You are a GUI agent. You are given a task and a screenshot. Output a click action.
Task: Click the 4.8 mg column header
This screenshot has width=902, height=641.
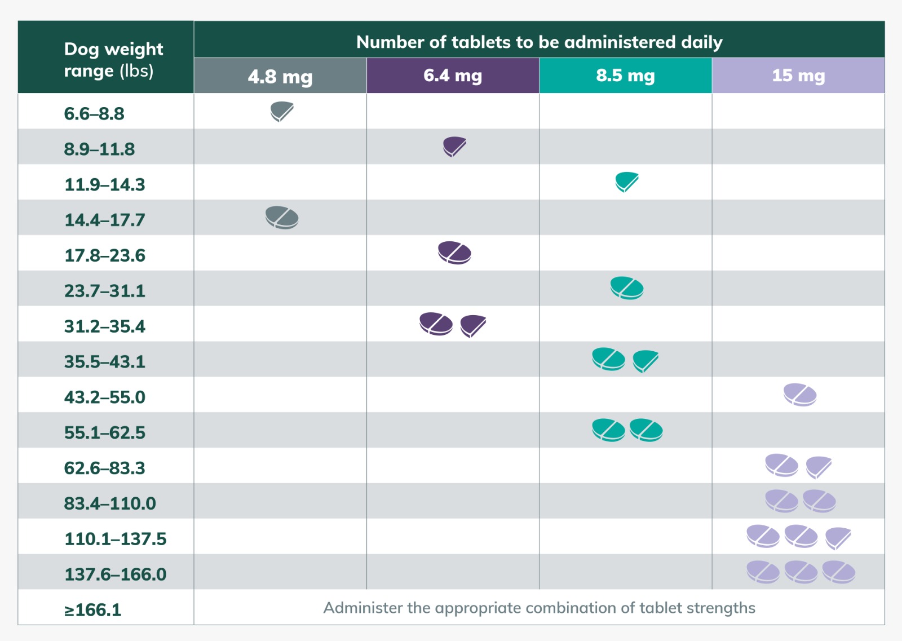tap(280, 76)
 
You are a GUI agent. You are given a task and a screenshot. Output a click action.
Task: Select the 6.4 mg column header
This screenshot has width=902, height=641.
tap(453, 76)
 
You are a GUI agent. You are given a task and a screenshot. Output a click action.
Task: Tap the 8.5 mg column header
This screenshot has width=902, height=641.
tap(625, 76)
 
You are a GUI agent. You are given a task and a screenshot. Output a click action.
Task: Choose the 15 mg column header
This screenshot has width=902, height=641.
tap(798, 76)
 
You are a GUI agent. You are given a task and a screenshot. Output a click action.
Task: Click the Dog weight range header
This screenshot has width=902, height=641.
tap(113, 60)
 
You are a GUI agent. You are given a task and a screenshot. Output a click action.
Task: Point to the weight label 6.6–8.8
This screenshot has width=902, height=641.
tap(94, 114)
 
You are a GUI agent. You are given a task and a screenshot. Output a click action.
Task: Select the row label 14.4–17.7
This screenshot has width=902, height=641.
tap(105, 220)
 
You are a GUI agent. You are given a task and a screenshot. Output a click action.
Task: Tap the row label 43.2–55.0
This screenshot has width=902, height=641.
tap(105, 397)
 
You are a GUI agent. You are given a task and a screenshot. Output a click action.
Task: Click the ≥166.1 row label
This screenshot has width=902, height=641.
tap(93, 610)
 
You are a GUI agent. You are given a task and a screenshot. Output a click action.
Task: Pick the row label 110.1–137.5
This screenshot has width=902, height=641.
tap(116, 539)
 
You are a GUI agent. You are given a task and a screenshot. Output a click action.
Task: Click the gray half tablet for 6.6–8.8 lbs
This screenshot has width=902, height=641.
tap(282, 111)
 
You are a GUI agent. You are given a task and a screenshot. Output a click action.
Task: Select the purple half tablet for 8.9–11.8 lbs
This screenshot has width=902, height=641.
tap(454, 146)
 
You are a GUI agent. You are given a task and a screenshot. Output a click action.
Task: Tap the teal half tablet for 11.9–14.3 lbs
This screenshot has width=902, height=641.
tap(627, 182)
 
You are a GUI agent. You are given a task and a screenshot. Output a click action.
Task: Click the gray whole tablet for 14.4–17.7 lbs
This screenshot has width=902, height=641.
tap(282, 218)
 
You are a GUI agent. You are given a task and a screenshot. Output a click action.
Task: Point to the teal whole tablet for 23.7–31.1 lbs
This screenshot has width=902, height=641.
tap(627, 288)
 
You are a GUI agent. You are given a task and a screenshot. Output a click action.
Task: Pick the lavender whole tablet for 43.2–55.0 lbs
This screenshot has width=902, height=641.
tap(800, 395)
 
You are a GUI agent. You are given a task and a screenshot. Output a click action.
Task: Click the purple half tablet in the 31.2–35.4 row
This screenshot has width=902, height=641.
tap(473, 325)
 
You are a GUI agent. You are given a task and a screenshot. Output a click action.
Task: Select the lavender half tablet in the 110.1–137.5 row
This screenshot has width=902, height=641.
tap(838, 537)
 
